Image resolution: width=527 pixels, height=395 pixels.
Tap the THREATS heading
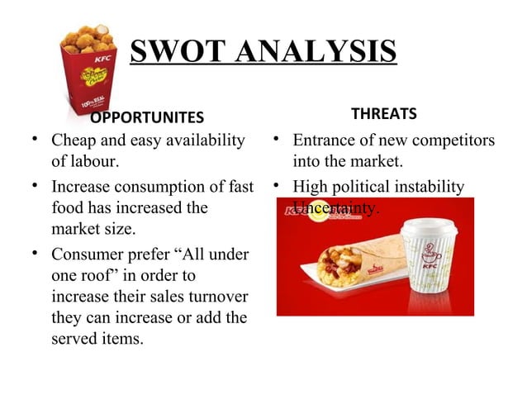pos(384,112)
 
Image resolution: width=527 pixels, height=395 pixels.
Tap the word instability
pos(432,188)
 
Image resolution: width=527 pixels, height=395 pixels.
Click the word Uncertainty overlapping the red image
pos(335,207)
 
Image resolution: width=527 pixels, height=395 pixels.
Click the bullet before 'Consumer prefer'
pos(38,254)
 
